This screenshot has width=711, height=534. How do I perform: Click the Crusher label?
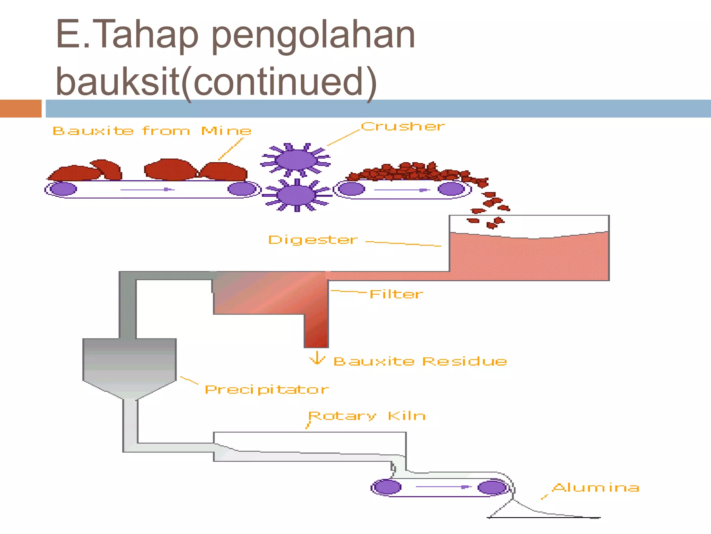click(403, 127)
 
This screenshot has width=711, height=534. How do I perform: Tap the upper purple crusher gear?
click(296, 160)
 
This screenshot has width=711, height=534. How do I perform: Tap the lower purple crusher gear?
click(297, 195)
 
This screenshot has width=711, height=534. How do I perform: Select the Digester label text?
click(312, 240)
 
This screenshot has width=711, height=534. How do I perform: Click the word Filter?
click(396, 294)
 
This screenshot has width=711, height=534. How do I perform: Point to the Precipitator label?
click(267, 389)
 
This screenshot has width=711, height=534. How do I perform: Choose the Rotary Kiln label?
click(367, 416)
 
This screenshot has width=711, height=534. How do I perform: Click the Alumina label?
click(596, 487)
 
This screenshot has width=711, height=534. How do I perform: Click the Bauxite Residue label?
click(420, 362)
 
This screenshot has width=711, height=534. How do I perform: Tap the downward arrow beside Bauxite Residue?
click(317, 358)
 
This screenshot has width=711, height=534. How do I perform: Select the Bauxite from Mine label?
click(152, 131)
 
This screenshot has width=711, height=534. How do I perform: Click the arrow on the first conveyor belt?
click(148, 189)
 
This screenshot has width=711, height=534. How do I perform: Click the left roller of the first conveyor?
click(63, 189)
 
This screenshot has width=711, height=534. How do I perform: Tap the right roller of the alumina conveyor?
click(492, 487)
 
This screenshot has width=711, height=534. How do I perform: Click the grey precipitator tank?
click(129, 365)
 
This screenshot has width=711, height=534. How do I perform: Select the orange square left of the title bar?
click(20, 108)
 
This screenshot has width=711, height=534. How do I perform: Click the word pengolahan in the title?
click(313, 35)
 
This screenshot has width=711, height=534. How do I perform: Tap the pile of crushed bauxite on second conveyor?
click(410, 172)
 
